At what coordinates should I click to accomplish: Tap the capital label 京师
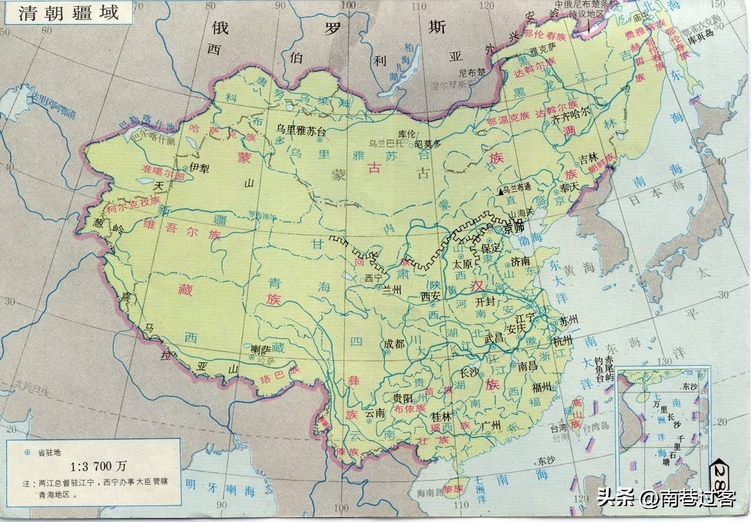click(513, 227)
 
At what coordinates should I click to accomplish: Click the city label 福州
click(542, 387)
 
